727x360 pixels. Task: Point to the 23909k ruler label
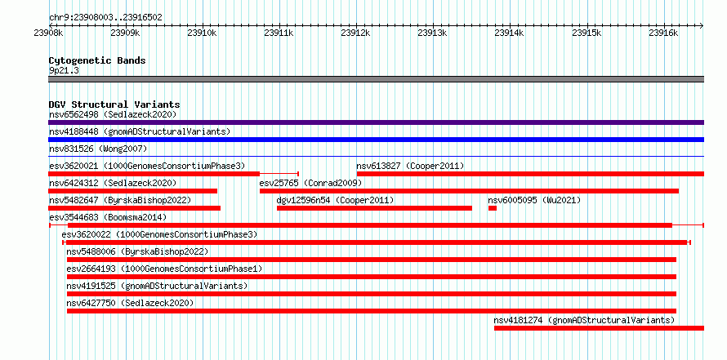click(125, 33)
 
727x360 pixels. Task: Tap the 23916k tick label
click(663, 33)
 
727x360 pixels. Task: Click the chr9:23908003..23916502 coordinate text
click(105, 18)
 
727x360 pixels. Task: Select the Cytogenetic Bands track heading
click(97, 60)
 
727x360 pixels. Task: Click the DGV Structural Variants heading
click(114, 104)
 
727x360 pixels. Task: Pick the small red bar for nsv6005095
click(493, 208)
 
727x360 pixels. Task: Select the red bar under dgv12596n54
click(374, 208)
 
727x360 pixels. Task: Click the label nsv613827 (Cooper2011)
click(410, 167)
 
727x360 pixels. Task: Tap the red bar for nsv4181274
click(599, 328)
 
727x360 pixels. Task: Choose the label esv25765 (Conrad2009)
click(310, 184)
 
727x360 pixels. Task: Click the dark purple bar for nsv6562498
click(376, 122)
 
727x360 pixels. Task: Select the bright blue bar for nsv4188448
click(376, 140)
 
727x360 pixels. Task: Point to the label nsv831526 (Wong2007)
click(98, 149)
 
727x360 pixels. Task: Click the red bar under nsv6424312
click(132, 191)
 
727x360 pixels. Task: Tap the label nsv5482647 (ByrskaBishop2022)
click(120, 201)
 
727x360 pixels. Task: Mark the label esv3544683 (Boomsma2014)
click(108, 218)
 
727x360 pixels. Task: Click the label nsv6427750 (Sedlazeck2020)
click(130, 304)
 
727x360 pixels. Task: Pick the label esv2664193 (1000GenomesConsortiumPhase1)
click(164, 269)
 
